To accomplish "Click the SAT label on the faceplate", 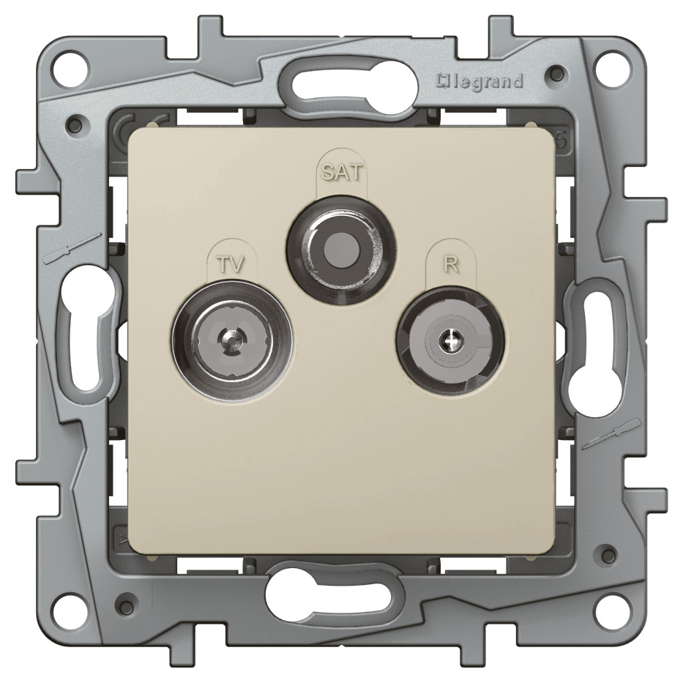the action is [341, 173].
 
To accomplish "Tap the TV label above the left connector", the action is [231, 264].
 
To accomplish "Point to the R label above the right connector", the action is [451, 264].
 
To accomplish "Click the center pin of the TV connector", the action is [229, 338].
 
